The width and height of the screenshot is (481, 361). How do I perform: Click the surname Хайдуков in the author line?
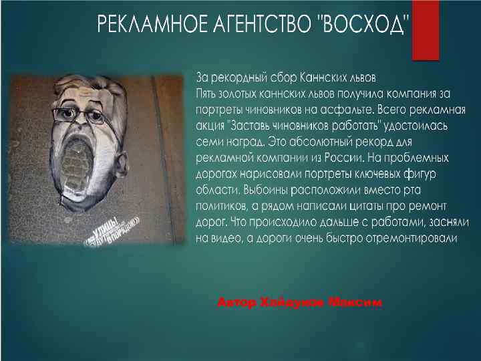coord(289,304)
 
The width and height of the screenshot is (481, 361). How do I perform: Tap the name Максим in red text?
coord(355,304)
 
